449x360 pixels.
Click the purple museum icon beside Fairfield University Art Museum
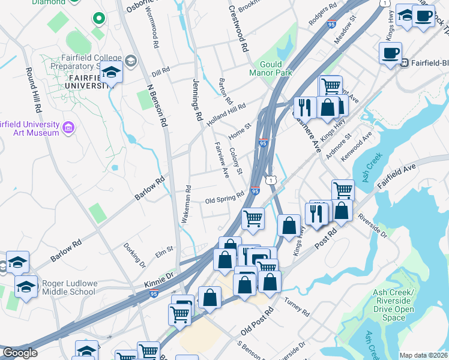click(68, 127)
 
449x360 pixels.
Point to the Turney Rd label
click(297, 308)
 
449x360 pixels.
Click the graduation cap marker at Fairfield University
click(111, 73)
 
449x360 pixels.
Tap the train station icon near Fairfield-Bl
click(405, 62)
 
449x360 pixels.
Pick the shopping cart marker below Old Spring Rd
click(253, 218)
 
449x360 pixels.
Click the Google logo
click(20, 353)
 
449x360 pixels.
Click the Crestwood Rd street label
click(238, 29)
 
